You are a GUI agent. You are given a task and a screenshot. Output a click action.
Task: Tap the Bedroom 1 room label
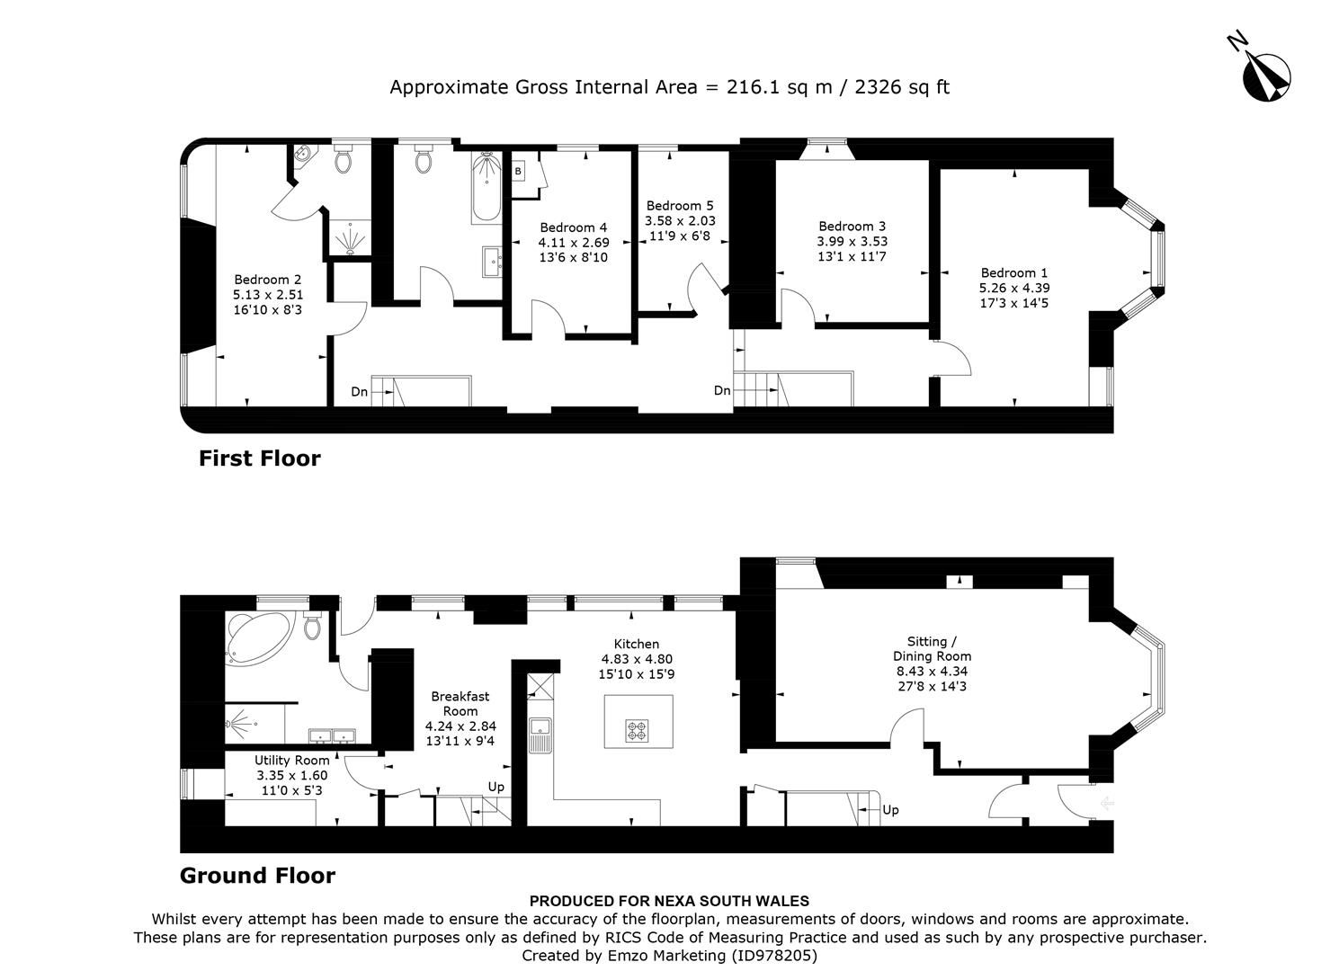click(1013, 272)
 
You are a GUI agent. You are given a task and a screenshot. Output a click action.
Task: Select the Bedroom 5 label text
click(680, 206)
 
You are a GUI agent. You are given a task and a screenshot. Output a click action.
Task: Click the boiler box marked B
click(519, 171)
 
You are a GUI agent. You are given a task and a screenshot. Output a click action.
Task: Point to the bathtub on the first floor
click(486, 187)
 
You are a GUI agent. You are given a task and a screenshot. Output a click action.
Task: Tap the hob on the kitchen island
click(637, 732)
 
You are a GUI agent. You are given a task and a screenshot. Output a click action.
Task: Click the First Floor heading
click(259, 459)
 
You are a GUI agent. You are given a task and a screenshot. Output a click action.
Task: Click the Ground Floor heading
click(257, 876)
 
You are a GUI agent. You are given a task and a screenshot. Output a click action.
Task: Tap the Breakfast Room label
click(460, 703)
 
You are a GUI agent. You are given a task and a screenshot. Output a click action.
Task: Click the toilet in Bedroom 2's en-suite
click(343, 161)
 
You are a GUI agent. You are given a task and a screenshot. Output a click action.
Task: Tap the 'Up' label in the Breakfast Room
click(495, 787)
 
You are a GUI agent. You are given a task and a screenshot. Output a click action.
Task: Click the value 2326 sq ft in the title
click(901, 87)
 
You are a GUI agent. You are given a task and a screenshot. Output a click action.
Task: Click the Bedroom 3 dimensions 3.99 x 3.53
click(852, 241)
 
